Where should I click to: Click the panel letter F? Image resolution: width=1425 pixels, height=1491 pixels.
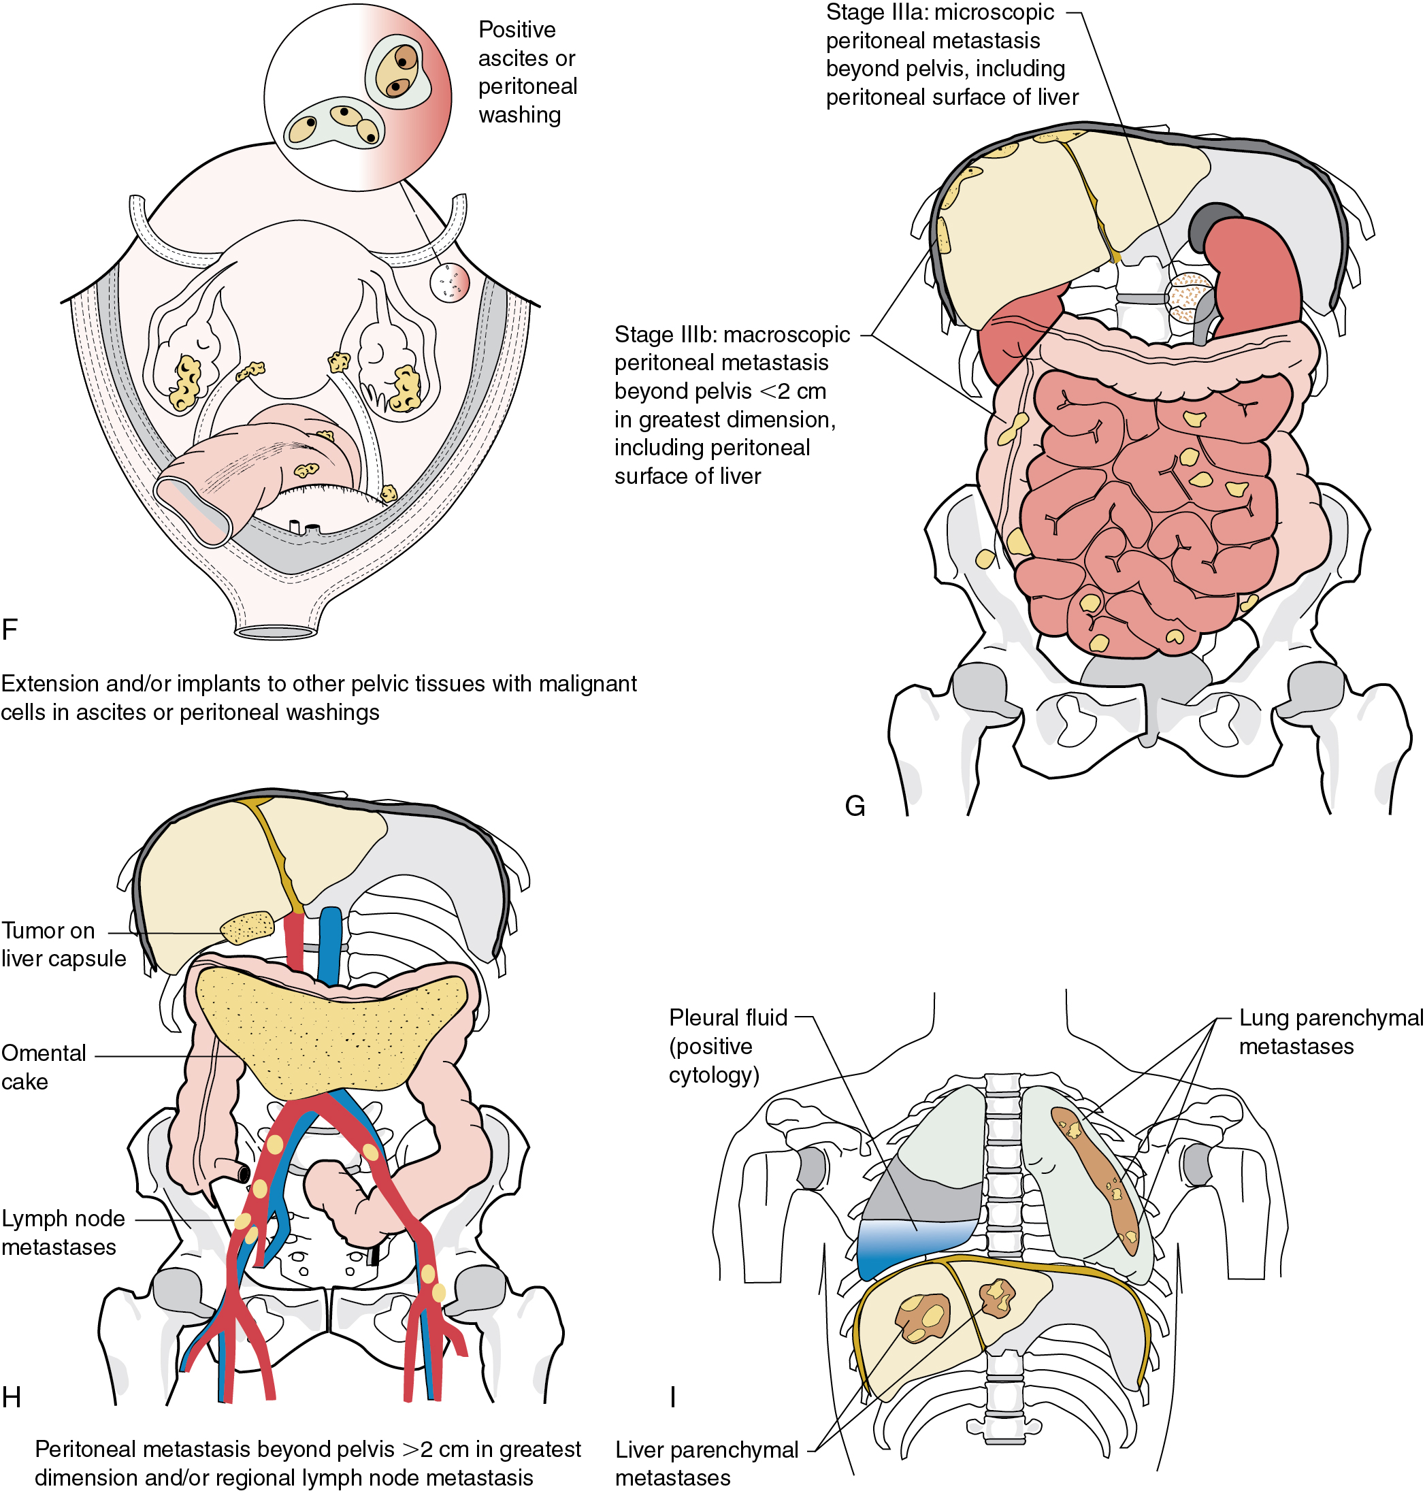10,629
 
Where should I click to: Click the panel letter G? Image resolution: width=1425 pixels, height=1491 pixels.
855,806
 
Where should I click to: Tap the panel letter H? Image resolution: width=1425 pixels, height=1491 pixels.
11,1398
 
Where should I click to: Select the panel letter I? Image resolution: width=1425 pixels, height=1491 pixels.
672,1398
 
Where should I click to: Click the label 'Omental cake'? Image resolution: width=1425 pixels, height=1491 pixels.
44,1067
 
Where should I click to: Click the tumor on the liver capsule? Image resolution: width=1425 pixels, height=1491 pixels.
247,928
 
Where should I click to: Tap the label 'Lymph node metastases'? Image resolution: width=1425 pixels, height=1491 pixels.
63,1233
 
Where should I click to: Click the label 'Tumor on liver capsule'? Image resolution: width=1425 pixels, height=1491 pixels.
63,944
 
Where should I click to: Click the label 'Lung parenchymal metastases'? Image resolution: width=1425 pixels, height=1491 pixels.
1330,1032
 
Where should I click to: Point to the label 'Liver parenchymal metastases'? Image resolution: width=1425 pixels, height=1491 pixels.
706,1464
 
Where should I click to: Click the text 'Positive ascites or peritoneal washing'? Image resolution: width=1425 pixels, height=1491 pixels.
527,72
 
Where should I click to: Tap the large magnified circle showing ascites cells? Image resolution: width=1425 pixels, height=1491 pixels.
358,97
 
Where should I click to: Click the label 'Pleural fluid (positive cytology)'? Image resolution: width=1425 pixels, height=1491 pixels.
727,1046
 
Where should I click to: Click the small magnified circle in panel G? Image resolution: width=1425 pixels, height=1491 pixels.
1190,298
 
